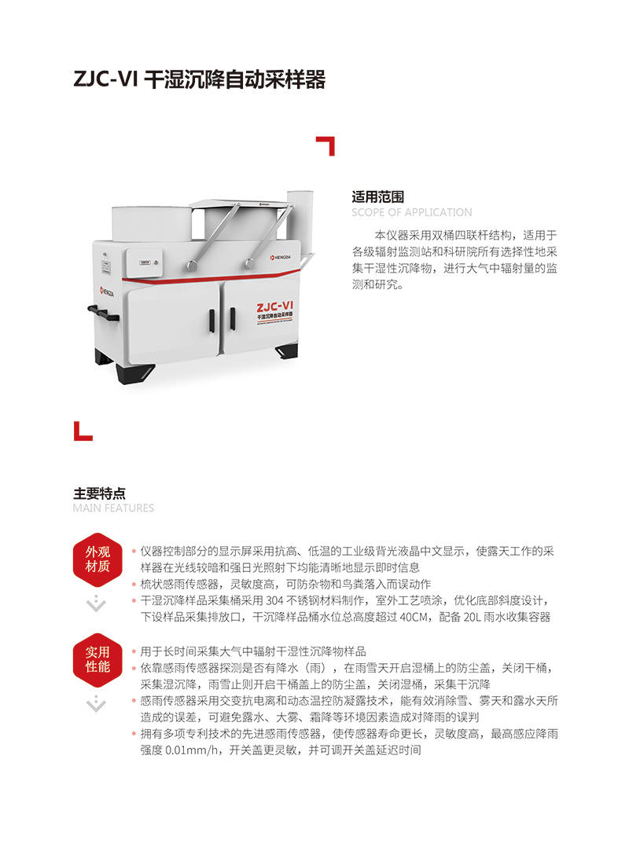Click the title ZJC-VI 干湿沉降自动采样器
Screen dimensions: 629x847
point(200,79)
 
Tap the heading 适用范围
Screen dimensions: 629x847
point(377,196)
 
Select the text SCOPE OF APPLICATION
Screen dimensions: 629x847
point(412,212)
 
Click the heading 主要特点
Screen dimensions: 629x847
point(99,493)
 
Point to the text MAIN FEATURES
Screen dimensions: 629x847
point(113,508)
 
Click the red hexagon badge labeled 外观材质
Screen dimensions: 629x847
point(97,559)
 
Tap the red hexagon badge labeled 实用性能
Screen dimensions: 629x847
point(97,659)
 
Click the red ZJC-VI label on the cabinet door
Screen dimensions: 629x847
point(274,307)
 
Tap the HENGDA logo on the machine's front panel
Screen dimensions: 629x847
point(281,258)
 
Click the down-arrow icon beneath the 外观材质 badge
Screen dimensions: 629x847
point(97,603)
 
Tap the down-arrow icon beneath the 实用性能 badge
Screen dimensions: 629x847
point(97,703)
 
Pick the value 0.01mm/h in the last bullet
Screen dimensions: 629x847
point(192,750)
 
